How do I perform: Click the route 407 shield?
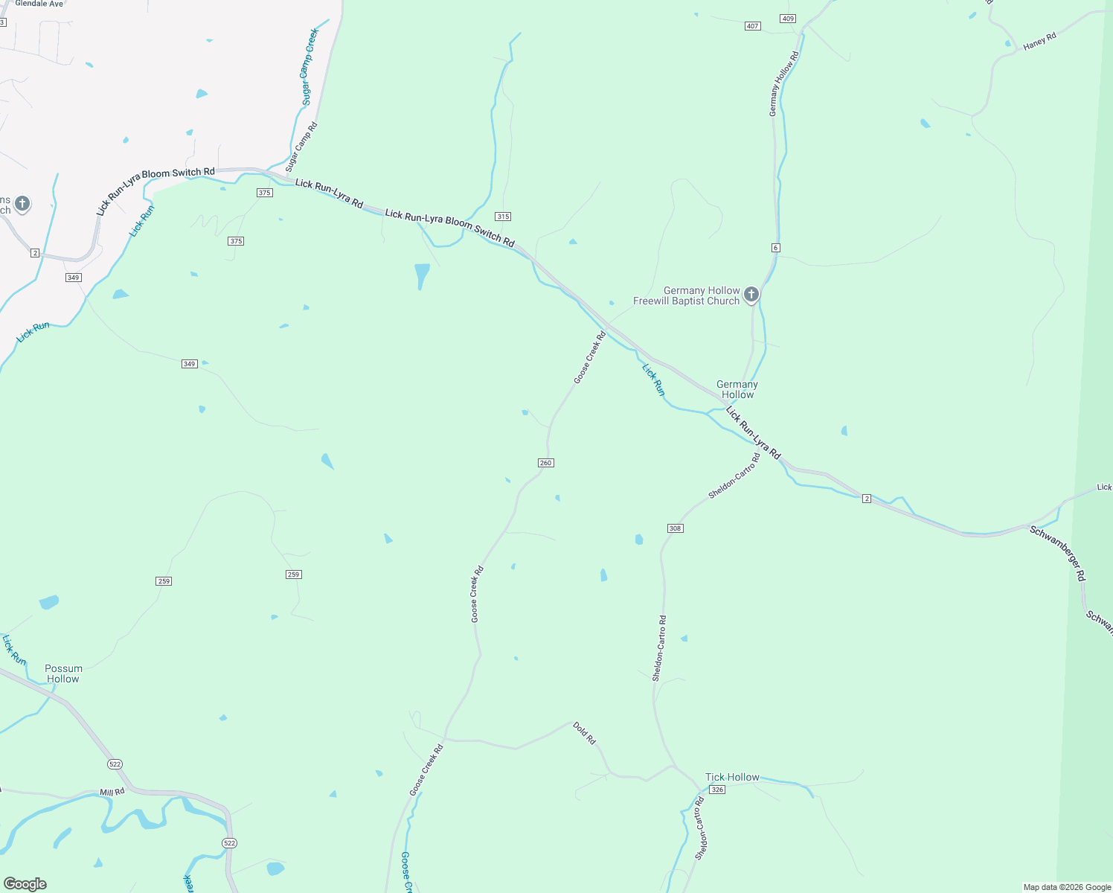point(752,26)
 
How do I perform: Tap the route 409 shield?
point(789,19)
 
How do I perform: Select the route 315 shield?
point(503,217)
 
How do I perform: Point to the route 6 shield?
point(775,248)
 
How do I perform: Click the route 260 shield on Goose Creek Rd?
point(545,463)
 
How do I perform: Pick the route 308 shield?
point(675,528)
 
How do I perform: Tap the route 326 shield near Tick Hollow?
point(716,790)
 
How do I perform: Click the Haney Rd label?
point(1039,42)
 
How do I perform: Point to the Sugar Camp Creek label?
point(309,67)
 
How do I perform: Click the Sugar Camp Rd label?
point(301,147)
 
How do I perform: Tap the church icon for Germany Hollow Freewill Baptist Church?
point(751,295)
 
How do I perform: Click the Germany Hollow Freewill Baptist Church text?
point(686,296)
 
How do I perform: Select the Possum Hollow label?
point(63,673)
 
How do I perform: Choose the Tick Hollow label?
point(732,777)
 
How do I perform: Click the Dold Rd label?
point(584,733)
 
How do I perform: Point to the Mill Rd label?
point(112,793)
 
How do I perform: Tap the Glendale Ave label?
point(39,4)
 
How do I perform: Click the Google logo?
point(25,884)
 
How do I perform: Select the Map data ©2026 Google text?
point(1067,887)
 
